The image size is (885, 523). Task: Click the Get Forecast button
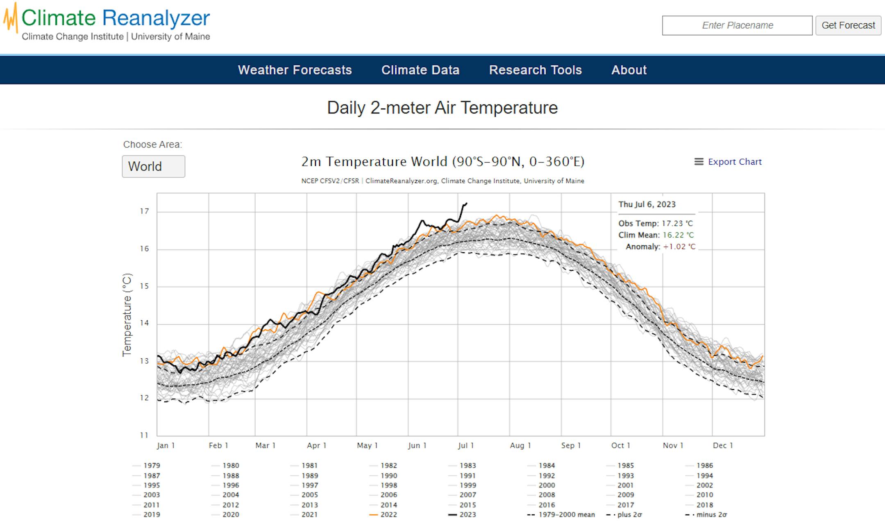tap(848, 25)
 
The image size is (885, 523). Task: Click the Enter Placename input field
tap(737, 25)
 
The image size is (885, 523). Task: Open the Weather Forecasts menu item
tap(295, 70)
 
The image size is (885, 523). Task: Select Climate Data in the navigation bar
tap(420, 70)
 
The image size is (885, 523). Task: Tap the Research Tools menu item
tap(535, 70)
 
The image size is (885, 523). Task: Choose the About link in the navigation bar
tap(629, 70)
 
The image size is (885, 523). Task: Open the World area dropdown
tap(153, 166)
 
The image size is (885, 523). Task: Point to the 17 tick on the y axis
tap(144, 211)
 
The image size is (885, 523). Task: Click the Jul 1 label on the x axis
tap(466, 446)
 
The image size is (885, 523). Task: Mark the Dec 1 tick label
tap(723, 446)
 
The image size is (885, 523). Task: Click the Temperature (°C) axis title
tap(127, 315)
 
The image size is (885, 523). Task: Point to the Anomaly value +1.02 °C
tap(679, 247)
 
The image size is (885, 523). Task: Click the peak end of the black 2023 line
tap(466, 203)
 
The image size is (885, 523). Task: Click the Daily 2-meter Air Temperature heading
tap(442, 108)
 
